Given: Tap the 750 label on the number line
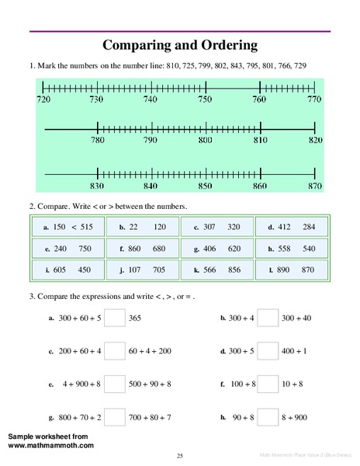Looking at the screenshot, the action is (203, 100).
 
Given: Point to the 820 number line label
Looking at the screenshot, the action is (313, 141).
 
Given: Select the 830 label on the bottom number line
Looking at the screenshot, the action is (97, 186).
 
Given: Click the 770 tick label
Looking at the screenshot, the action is (313, 100).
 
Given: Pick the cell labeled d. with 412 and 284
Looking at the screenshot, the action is (292, 227).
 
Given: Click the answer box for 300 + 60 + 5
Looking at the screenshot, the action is (115, 318).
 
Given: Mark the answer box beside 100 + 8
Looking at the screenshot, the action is (268, 384).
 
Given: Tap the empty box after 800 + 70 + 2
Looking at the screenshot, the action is (115, 417).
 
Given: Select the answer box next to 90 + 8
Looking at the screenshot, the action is (268, 417).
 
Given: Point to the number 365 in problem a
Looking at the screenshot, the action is (135, 318).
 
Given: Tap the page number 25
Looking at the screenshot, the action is (179, 454).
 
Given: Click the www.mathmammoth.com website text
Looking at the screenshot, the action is (51, 446).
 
